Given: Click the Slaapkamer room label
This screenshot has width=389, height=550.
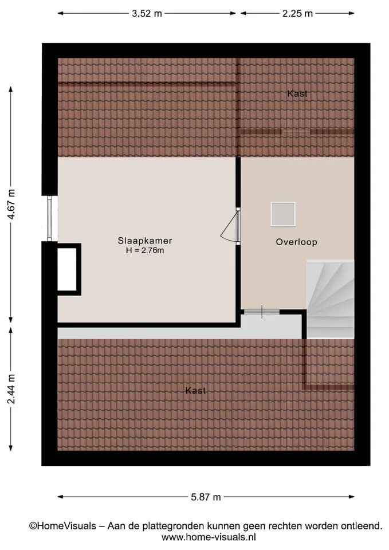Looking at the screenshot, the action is point(145,241).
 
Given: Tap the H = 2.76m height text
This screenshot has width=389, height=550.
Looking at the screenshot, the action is point(145,250).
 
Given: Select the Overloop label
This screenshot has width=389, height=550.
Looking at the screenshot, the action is point(296,242).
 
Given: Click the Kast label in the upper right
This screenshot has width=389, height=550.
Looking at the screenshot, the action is point(297,93).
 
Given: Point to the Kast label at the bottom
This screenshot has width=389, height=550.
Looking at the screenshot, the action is point(195,390).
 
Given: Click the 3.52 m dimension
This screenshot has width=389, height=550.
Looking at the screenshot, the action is point(147,13).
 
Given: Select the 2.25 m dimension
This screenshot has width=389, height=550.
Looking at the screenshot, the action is point(297,13).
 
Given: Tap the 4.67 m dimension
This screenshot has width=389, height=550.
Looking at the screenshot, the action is point(11,204).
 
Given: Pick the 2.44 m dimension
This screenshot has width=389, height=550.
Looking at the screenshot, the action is point(11,388).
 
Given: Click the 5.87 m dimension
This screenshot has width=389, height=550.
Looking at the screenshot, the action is point(206,497).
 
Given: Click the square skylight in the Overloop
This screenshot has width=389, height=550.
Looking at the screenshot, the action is point(282,214).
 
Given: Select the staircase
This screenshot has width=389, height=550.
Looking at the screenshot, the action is point(330,299).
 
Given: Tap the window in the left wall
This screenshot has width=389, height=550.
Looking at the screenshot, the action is point(49,218).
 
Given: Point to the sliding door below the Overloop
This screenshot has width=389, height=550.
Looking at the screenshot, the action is point(262,312).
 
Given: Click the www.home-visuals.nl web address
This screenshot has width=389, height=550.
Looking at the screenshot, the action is point(209,537).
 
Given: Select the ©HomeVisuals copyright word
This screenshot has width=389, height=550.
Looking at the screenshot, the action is point(62,526).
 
